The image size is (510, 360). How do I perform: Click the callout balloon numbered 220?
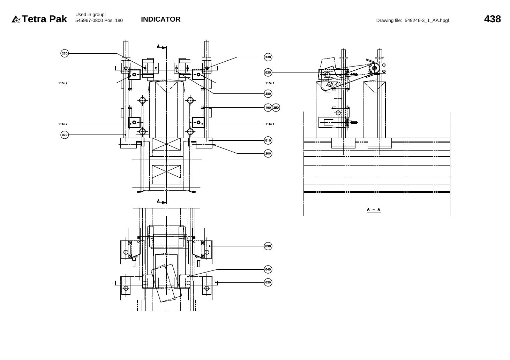(x=65, y=53)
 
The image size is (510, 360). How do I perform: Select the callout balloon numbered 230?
(x=268, y=57)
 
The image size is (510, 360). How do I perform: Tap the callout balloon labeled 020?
(x=268, y=72)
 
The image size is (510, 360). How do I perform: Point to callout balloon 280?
(x=268, y=94)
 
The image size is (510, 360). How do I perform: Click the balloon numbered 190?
(x=268, y=108)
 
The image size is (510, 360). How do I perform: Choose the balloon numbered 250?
(x=276, y=108)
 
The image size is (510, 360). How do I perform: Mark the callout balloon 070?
(x=65, y=135)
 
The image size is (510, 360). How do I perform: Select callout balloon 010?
(x=268, y=140)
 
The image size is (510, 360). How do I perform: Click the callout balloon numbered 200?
(x=268, y=153)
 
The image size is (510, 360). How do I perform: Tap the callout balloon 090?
(x=268, y=246)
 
